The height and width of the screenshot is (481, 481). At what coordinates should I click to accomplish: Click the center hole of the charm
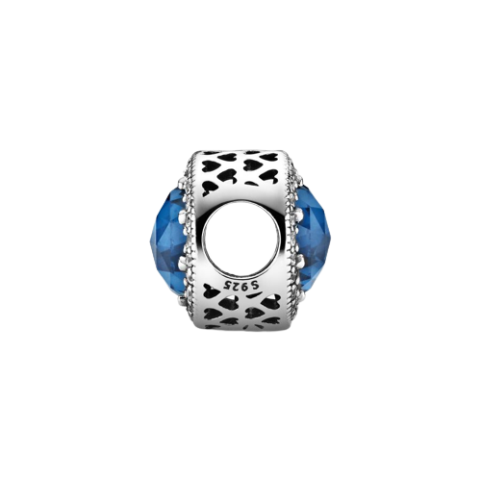tap(240, 240)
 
